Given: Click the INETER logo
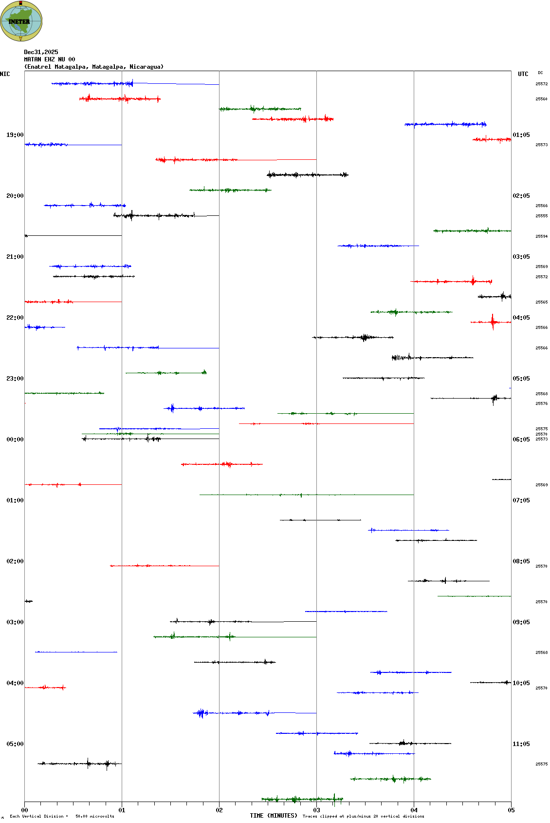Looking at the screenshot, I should (21, 21).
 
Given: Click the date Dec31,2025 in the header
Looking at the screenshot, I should (41, 52).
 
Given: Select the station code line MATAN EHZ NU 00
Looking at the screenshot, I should (50, 59).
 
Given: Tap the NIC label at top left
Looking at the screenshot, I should (5, 74).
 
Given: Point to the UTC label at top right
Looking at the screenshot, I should (523, 74).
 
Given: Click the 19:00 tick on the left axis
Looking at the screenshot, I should (15, 135).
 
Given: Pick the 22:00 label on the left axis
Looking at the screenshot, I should (15, 318).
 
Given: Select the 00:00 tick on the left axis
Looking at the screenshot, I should (15, 440).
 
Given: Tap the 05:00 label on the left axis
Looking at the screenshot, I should (15, 744).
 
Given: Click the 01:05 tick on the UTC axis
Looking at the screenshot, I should (521, 135).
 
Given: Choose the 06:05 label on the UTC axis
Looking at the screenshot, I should (521, 440).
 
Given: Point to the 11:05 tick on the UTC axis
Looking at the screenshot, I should (521, 744).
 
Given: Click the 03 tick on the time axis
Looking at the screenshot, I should (316, 810).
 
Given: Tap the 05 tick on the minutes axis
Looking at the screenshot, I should (511, 810).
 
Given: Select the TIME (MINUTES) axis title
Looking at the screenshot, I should (274, 816).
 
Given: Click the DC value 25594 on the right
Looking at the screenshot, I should (541, 236).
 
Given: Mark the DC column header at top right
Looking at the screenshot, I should (540, 73).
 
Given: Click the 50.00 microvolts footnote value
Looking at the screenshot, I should (95, 816).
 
